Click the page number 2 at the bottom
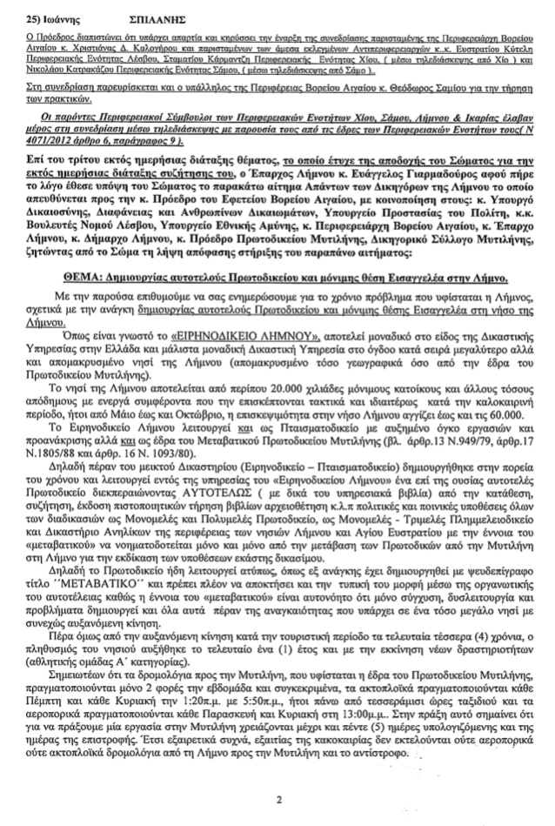[279, 798]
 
